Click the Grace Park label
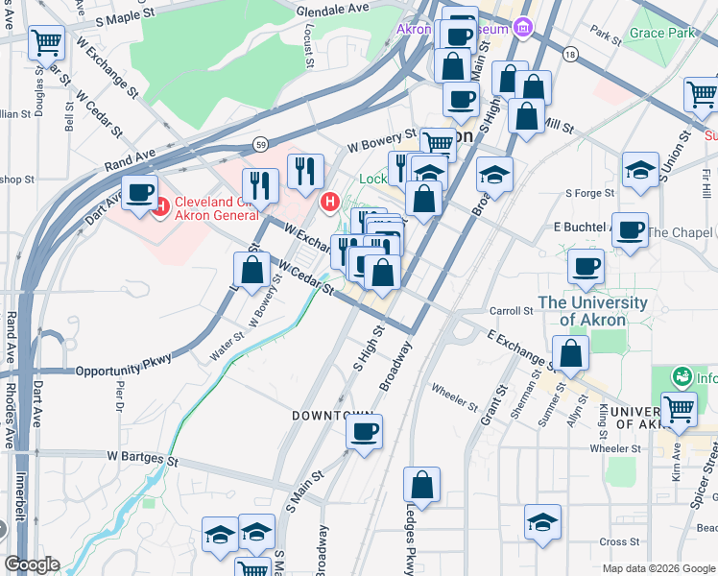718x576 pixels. [x=661, y=33]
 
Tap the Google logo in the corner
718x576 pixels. [x=32, y=564]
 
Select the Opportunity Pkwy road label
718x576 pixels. [x=122, y=363]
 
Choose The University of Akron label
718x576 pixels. [x=592, y=311]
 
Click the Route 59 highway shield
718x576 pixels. [x=260, y=144]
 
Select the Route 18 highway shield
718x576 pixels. [x=571, y=56]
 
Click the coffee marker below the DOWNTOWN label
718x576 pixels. [x=364, y=433]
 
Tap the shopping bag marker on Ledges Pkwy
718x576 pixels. [x=421, y=487]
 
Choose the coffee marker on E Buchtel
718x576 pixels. [x=630, y=231]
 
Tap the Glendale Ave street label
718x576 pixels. [x=333, y=9]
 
